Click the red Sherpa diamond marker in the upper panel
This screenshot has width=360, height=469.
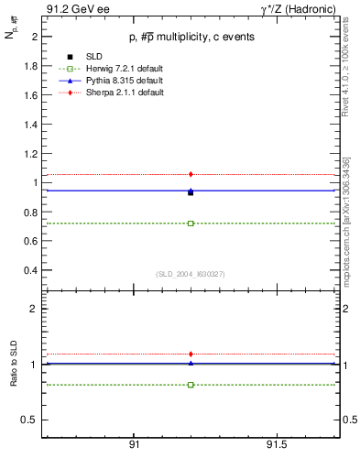point(191,174)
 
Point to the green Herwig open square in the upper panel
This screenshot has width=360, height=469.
point(191,224)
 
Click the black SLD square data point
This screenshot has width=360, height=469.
point(191,193)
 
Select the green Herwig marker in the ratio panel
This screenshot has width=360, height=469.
point(191,385)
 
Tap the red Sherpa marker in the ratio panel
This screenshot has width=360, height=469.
point(191,354)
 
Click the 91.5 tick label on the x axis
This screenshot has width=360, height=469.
point(276,444)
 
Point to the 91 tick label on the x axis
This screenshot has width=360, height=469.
point(134,444)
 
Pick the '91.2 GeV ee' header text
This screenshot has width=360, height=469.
point(71,10)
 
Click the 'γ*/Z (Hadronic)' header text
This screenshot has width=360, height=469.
point(294,10)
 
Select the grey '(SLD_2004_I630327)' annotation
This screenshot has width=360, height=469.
point(190,274)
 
